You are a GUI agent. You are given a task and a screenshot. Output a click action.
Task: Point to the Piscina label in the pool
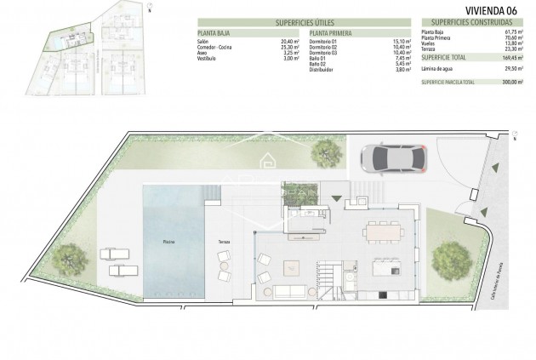tap(171, 243)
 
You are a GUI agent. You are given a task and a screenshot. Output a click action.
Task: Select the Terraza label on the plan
tap(224, 243)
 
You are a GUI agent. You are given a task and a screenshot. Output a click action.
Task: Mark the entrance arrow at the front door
tap(339, 199)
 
